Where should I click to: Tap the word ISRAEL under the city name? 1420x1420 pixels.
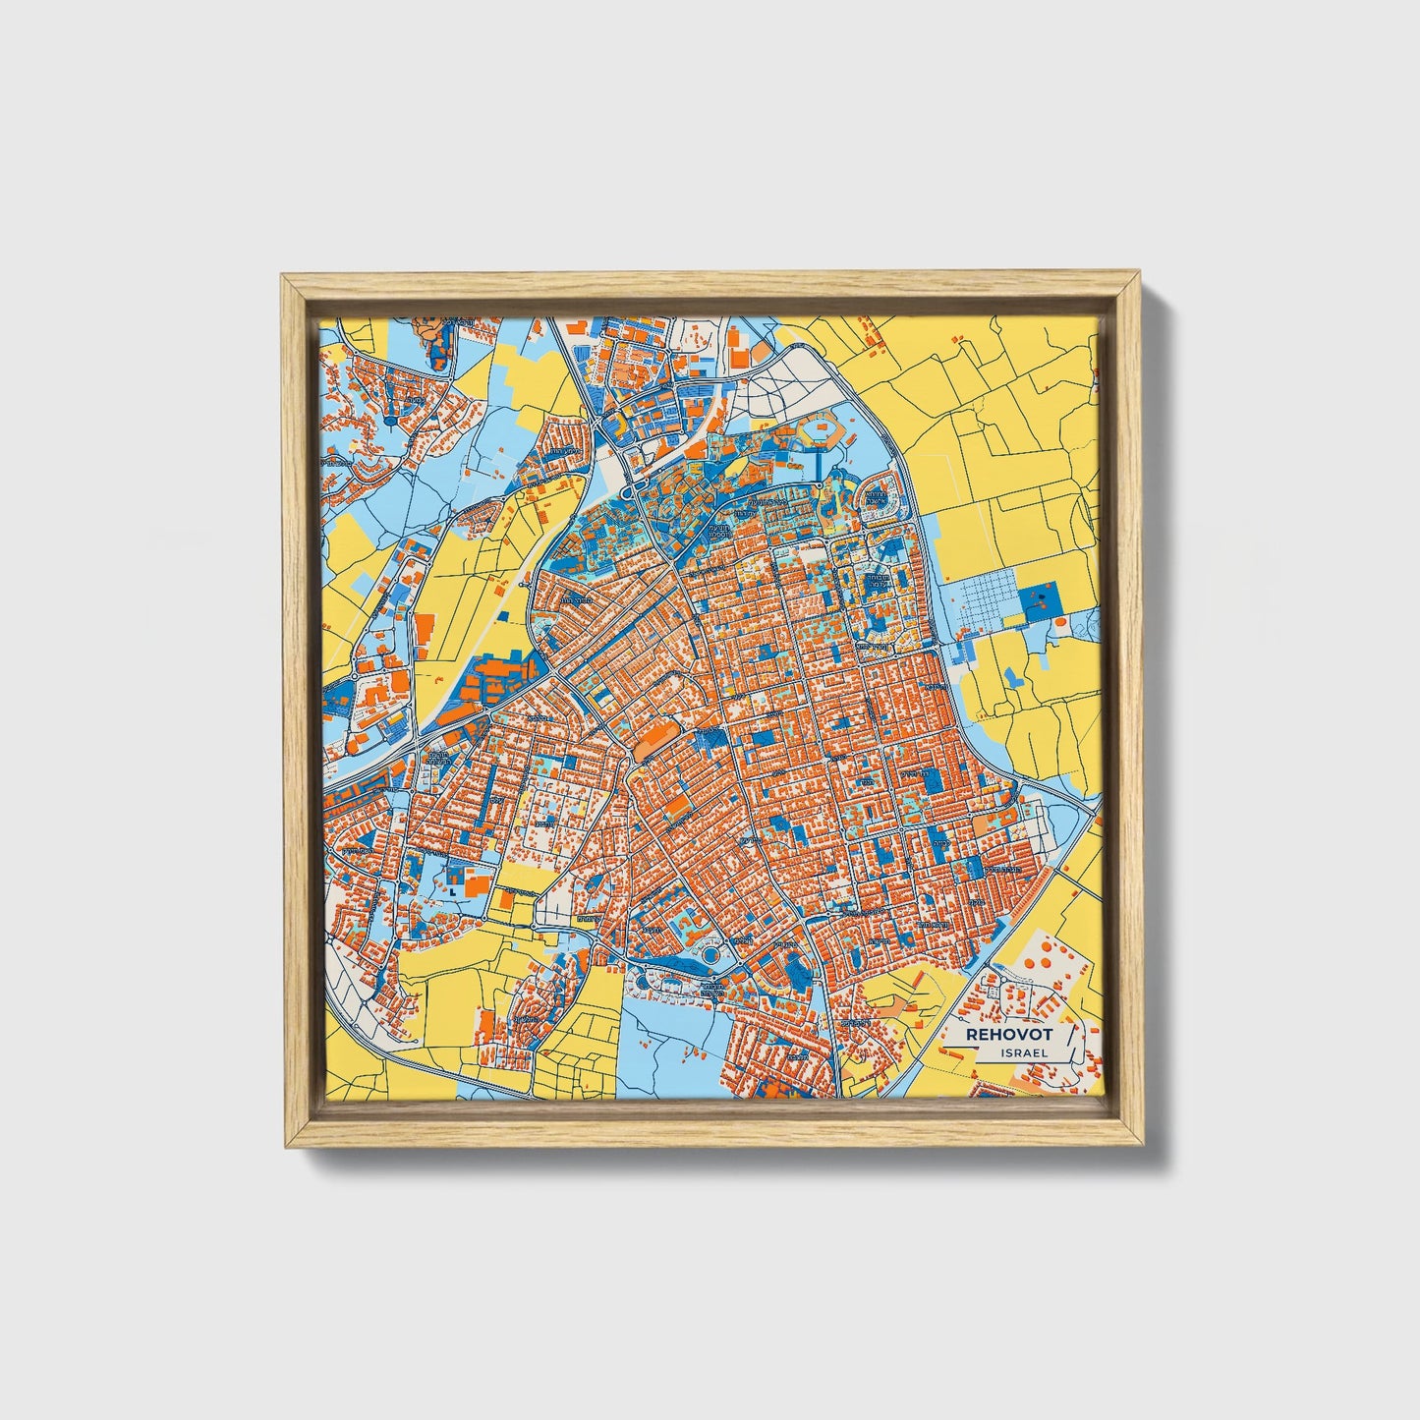(x=1022, y=1051)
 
